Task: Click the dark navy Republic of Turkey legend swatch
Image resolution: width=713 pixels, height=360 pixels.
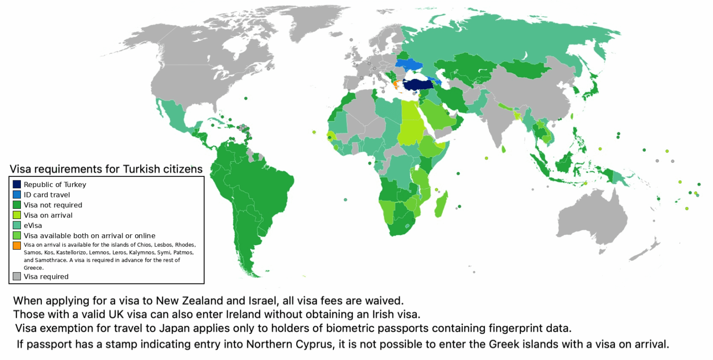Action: pos(17,184)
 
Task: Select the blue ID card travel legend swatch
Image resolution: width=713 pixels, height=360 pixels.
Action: pos(17,194)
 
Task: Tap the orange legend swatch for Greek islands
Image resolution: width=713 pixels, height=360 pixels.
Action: pos(17,245)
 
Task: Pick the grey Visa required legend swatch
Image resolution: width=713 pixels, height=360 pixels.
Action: pos(17,276)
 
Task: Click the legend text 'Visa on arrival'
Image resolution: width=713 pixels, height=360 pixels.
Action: pos(48,215)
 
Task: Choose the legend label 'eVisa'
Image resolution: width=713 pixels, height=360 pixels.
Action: pos(32,225)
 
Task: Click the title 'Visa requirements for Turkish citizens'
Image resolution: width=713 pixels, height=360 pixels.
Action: pos(106,169)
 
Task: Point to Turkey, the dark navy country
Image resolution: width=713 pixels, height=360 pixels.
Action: pos(418,85)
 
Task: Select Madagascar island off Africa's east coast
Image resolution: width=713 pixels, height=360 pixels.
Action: pos(441,204)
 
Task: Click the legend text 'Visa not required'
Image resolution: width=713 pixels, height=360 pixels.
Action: pos(53,205)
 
